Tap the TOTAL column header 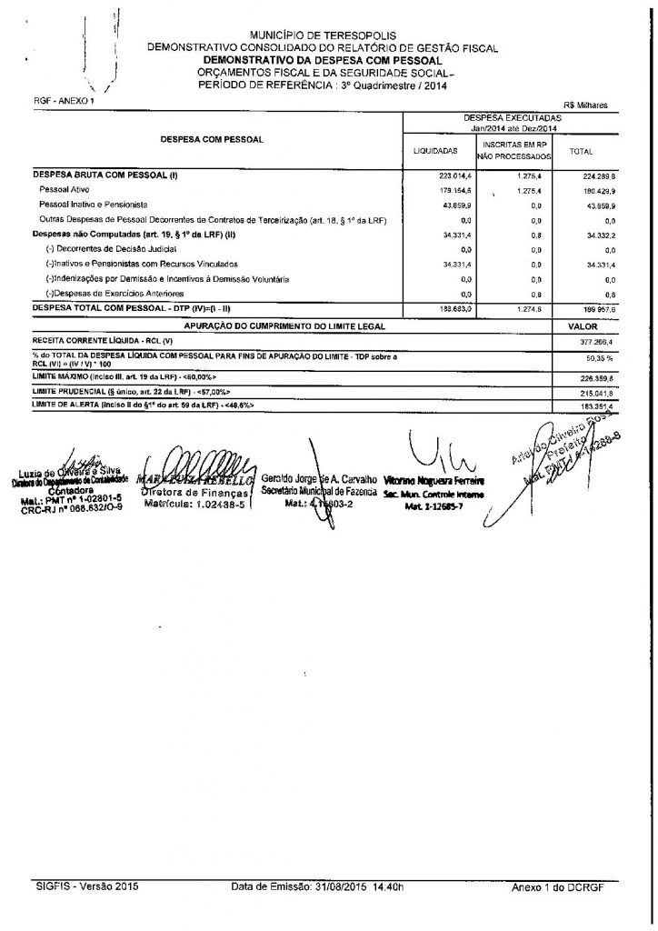click(581, 152)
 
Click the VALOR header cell click(581, 325)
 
